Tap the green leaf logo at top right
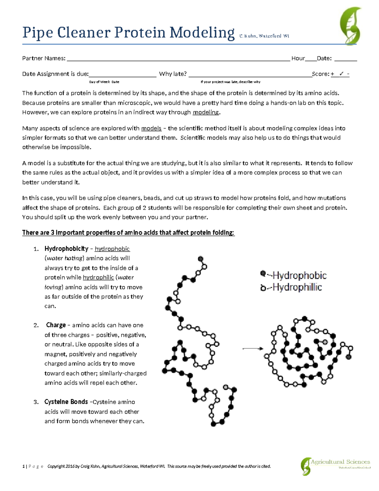coord(350,26)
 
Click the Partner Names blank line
coord(178,59)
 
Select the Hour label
coord(298,58)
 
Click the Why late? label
coord(173,74)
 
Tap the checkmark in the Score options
coord(341,74)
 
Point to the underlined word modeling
coord(206,112)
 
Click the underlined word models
coord(151,128)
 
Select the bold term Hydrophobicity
coord(66,249)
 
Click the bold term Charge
coord(56,325)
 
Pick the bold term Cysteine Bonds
coord(66,402)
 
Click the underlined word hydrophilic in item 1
coord(98,278)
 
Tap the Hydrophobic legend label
coord(299,275)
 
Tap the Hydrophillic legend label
coord(297,287)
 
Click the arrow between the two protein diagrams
coord(253,349)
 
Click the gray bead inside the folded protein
coord(325,342)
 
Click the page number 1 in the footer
coord(23,466)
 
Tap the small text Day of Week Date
coord(104,82)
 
